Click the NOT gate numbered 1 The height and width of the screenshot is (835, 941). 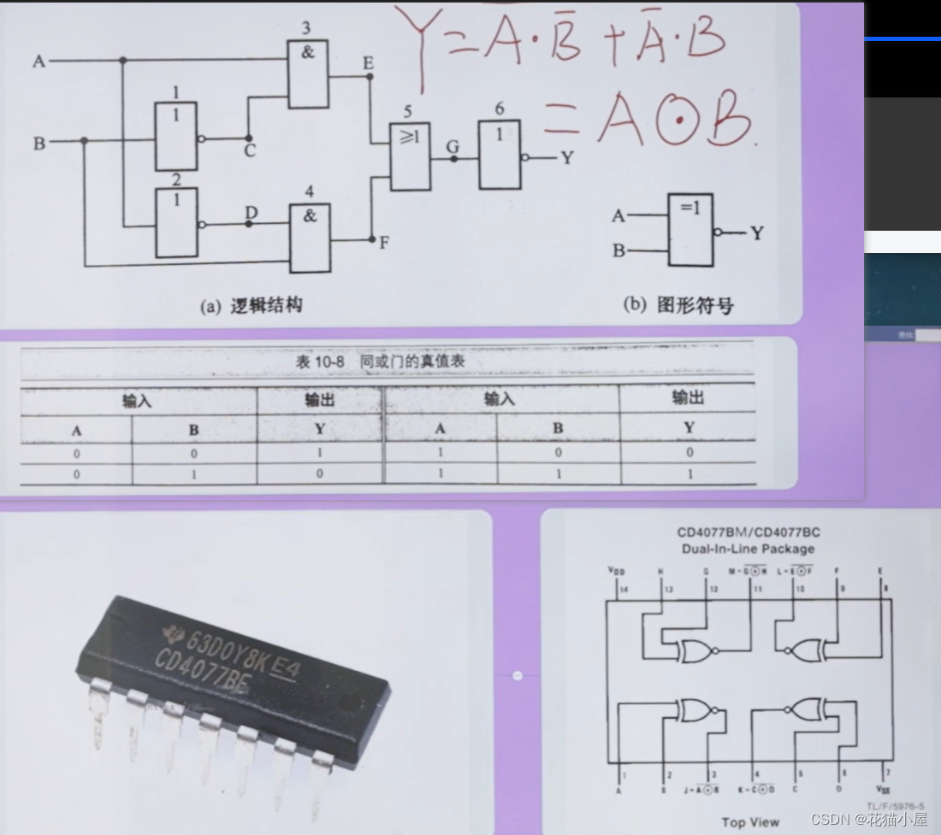pos(175,137)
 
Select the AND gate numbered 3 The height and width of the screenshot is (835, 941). pos(308,75)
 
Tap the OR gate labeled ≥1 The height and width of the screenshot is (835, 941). pos(410,156)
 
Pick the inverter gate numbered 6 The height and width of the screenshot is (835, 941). pos(500,156)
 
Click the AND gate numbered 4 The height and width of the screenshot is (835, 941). pos(310,238)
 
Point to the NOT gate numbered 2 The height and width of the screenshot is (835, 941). pos(176,223)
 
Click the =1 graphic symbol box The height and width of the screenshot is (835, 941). pos(690,230)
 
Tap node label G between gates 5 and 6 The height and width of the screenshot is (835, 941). pos(453,145)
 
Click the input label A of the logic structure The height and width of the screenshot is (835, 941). pos(38,62)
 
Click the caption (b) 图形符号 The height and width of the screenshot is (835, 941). pos(678,305)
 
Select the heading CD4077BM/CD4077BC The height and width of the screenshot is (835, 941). pos(749,532)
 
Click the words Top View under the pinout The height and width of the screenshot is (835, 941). pos(750,822)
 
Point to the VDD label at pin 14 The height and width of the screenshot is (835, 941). pos(615,570)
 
